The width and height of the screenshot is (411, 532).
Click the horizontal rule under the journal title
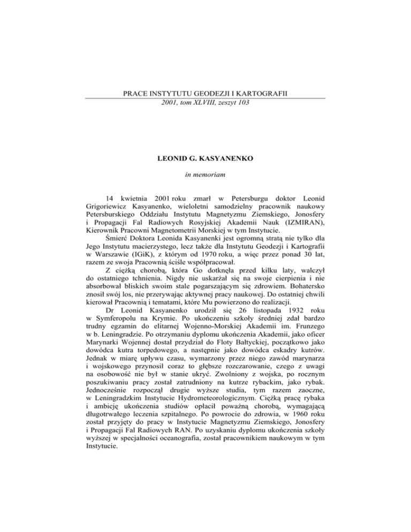(x=205, y=98)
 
